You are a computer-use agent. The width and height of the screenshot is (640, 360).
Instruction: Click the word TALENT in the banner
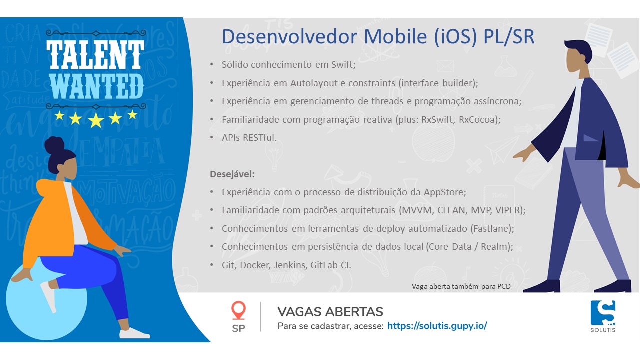95,55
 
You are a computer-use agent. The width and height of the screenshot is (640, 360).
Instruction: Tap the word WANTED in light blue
97,87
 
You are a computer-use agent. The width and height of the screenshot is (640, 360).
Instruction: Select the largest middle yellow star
96,120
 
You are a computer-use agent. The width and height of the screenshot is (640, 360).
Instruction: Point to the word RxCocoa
479,119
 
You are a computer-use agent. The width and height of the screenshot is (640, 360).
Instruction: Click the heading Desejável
232,174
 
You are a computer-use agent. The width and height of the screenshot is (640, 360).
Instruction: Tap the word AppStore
445,192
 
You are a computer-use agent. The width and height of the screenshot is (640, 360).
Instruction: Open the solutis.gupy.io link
437,326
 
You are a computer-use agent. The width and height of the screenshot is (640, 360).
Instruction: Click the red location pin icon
238,310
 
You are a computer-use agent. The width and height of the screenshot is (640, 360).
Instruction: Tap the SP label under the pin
238,329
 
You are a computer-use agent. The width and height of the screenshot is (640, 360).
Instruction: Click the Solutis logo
603,316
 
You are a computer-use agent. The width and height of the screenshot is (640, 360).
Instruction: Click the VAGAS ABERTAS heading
330,312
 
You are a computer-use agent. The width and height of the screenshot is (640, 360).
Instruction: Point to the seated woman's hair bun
54,145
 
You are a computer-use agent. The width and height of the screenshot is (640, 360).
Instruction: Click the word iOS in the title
455,37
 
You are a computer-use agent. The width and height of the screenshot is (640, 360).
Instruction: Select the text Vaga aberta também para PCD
461,286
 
